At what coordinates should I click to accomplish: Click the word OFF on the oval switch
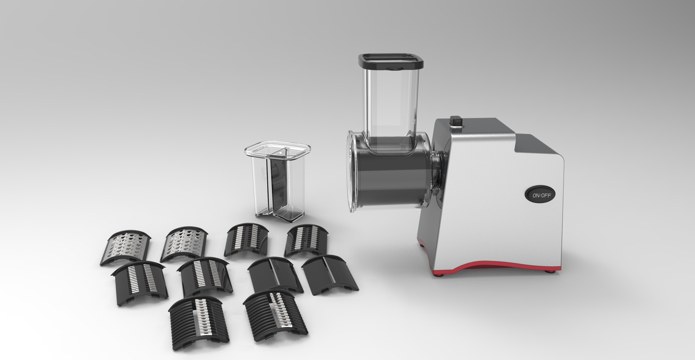pos(546,195)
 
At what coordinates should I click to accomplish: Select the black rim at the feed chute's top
pos(391,62)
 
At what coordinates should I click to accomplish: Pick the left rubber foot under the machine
pos(441,275)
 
